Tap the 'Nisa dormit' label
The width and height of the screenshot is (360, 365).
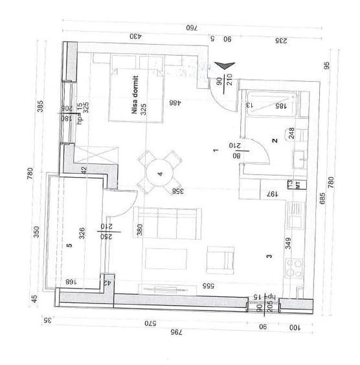135,102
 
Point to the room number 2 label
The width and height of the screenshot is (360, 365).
275,140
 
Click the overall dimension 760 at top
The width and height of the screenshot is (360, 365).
191,28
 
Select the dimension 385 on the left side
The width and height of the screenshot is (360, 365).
38,108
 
